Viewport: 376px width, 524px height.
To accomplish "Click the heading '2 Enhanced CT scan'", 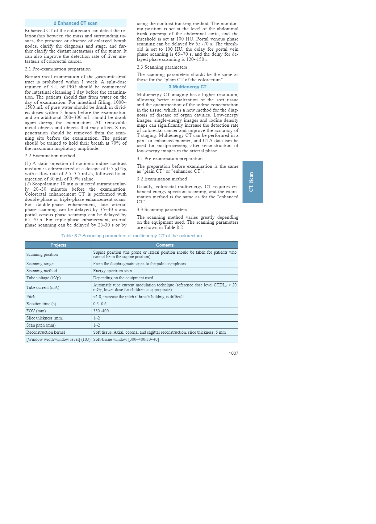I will pyautogui.click(x=75, y=23).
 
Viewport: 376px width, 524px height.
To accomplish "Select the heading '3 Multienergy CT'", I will pyautogui.click(x=187, y=87).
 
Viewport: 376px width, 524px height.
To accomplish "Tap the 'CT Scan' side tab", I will pyautogui.click(x=253, y=182).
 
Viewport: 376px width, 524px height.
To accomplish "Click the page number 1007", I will pyautogui.click(x=233, y=353).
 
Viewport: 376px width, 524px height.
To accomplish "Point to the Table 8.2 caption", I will pyautogui.click(x=132, y=236).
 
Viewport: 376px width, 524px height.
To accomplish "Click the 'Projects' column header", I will pyautogui.click(x=58, y=245).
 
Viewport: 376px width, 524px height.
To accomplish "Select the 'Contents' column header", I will pyautogui.click(x=165, y=245).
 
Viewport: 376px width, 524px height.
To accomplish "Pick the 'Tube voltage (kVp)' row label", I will pyautogui.click(x=44, y=278).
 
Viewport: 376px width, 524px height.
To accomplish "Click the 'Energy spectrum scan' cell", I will pyautogui.click(x=112, y=271).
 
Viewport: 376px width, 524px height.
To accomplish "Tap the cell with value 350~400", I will pyautogui.click(x=101, y=311).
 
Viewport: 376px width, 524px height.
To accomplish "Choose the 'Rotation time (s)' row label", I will pyautogui.click(x=41, y=304).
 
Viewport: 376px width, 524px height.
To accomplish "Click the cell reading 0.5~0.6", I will pyautogui.click(x=100, y=304).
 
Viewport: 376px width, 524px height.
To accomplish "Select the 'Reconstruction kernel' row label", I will pyautogui.click(x=46, y=332).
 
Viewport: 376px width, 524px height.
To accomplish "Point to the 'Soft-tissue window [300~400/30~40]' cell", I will pyautogui.click(x=126, y=339).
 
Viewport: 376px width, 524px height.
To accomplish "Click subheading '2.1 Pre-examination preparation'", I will pyautogui.click(x=58, y=69).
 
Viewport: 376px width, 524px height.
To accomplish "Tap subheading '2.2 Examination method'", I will pyautogui.click(x=50, y=156).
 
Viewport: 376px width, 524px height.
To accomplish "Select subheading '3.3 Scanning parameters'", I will pyautogui.click(x=162, y=209).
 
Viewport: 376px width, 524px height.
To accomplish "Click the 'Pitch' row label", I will pyautogui.click(x=31, y=297).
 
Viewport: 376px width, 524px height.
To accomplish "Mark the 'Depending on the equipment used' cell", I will pyautogui.click(x=123, y=278).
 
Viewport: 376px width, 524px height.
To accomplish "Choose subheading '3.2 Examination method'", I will pyautogui.click(x=162, y=179).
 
